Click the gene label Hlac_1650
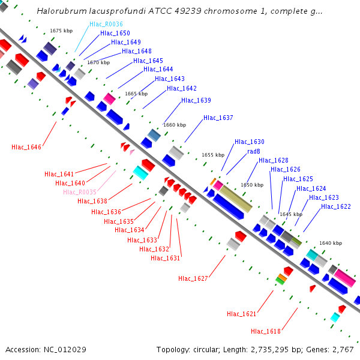tap(115, 33)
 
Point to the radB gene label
tap(254, 151)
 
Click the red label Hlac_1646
tap(26, 147)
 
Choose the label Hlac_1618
tap(266, 331)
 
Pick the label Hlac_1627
tap(193, 278)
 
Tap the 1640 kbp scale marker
tap(330, 243)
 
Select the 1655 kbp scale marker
tap(213, 155)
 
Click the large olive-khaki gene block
tap(235, 199)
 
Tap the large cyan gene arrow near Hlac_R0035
tap(140, 173)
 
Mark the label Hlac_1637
tap(218, 118)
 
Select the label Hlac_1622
tap(336, 206)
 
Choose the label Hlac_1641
tap(59, 174)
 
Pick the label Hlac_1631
tap(166, 258)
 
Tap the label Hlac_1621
tap(242, 314)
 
